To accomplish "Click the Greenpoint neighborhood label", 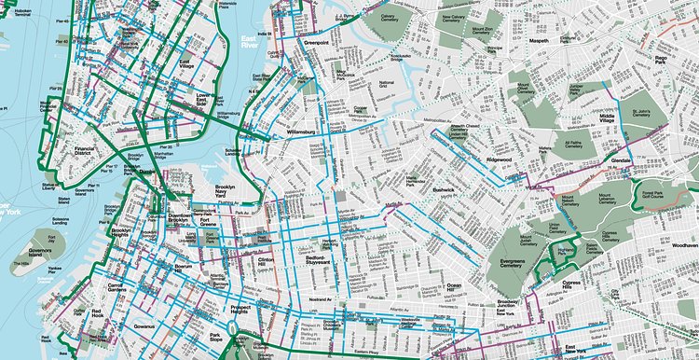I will [x=320, y=42].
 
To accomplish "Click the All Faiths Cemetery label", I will [x=579, y=145].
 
